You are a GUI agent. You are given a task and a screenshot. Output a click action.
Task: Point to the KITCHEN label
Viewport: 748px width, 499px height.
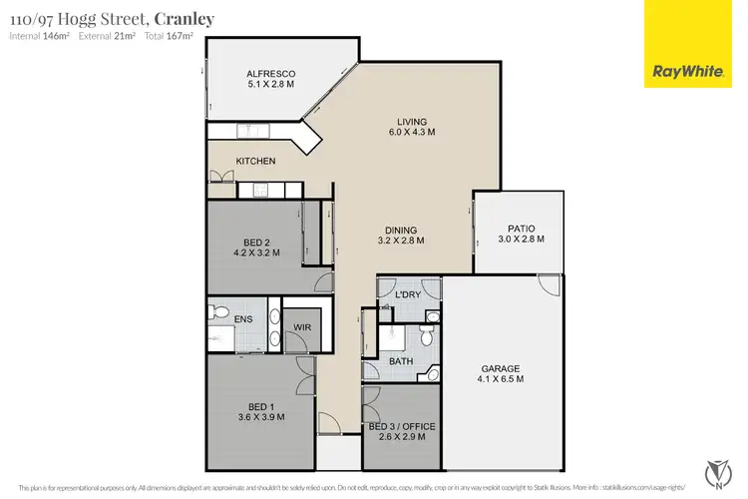pyautogui.click(x=255, y=161)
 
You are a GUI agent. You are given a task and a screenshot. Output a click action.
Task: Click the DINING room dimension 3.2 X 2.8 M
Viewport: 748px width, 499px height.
pyautogui.click(x=402, y=241)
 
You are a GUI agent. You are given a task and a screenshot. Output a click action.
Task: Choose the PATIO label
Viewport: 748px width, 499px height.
pyautogui.click(x=523, y=230)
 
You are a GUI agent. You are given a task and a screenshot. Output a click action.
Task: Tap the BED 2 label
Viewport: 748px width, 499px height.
pyautogui.click(x=256, y=241)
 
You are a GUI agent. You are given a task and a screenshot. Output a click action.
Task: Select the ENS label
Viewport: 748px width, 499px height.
pyautogui.click(x=244, y=319)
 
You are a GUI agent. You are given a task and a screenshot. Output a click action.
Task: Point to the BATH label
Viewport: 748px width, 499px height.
pyautogui.click(x=401, y=361)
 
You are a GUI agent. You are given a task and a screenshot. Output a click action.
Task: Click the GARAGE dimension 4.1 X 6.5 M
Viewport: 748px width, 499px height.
pyautogui.click(x=502, y=379)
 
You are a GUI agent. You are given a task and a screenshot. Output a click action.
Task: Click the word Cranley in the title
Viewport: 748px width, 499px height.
pyautogui.click(x=184, y=19)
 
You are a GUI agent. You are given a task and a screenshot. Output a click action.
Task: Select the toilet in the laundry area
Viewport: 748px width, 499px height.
pyautogui.click(x=430, y=318)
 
